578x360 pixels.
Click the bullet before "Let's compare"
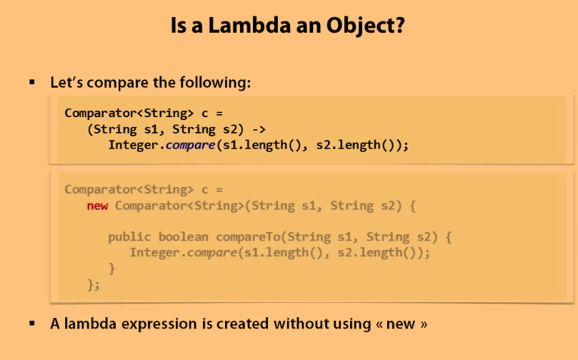[32, 82]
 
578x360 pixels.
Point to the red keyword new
[98, 206]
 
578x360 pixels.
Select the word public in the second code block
[130, 236]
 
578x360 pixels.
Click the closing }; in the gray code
[94, 284]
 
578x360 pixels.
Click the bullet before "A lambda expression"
[32, 323]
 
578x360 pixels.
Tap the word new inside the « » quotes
[401, 324]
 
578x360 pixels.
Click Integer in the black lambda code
[134, 145]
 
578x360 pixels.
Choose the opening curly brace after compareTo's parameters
[448, 236]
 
